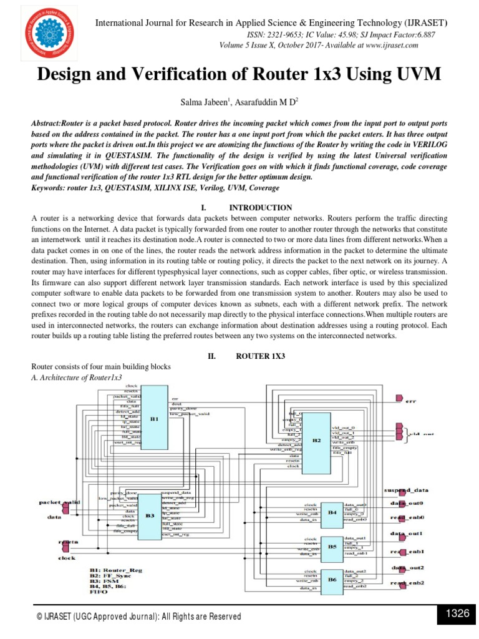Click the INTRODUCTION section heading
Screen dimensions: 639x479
click(260, 207)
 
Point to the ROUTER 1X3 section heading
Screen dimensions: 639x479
click(260, 356)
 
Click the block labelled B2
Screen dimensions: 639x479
click(317, 440)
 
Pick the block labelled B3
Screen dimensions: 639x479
click(150, 515)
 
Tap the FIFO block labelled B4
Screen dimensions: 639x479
click(332, 512)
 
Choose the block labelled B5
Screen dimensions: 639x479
click(332, 545)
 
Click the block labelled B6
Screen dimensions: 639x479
click(332, 580)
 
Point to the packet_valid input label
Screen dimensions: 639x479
click(59, 502)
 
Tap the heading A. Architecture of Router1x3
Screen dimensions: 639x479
click(77, 378)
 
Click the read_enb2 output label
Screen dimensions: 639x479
click(408, 583)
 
